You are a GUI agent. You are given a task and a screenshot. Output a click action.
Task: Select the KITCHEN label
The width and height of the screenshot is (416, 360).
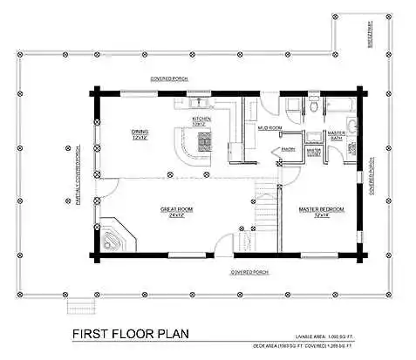point(202,121)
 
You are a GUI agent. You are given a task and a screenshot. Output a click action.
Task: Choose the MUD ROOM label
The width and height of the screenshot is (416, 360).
point(267,128)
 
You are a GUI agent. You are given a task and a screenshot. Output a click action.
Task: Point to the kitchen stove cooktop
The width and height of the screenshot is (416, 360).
point(204,140)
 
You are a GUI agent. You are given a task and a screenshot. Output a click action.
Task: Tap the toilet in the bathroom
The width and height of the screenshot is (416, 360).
point(314,106)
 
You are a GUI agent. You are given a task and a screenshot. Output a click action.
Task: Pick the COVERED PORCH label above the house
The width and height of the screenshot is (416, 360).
point(169,78)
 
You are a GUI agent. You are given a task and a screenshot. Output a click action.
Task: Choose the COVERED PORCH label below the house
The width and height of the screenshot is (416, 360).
point(249,272)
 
